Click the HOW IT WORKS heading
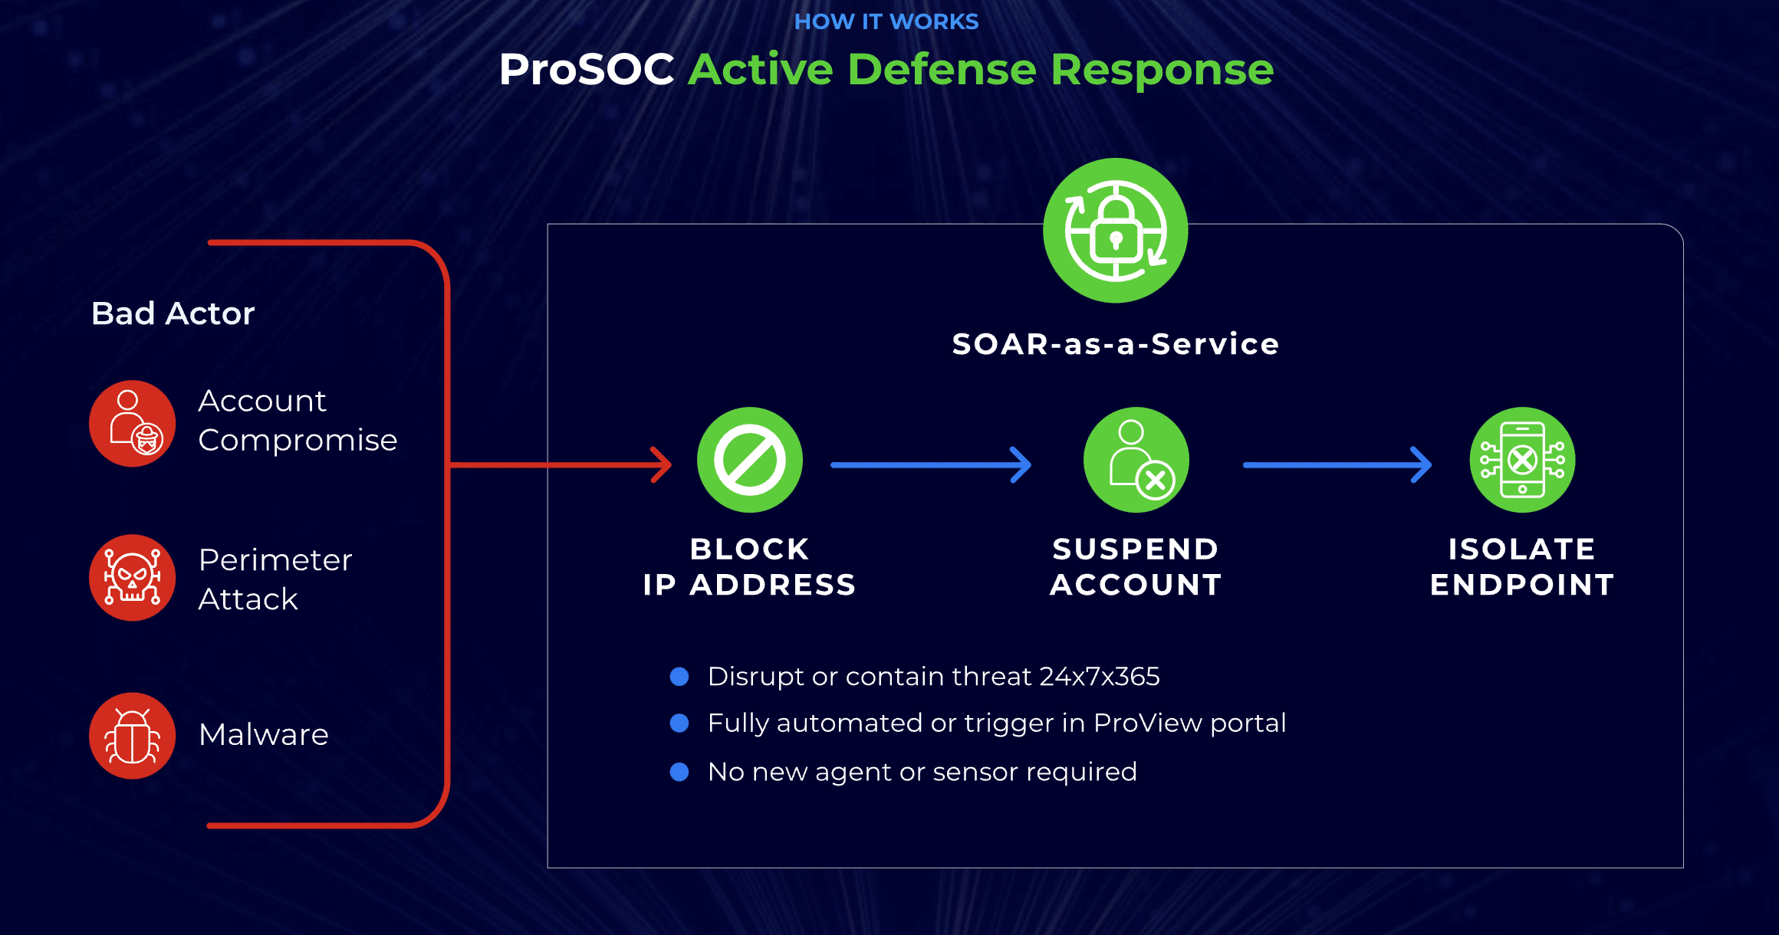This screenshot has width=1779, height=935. (886, 21)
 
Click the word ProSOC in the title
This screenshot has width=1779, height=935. (587, 70)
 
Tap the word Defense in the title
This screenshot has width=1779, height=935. (942, 70)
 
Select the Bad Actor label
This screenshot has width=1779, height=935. (173, 313)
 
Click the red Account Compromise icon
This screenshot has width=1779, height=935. (133, 423)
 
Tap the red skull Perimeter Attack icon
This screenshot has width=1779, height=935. (133, 578)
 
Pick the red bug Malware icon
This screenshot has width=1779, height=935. (133, 736)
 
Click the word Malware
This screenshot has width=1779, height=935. (264, 735)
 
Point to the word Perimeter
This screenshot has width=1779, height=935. (275, 560)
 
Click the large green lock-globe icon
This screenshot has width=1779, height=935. (1116, 231)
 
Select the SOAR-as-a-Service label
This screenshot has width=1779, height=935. (1116, 344)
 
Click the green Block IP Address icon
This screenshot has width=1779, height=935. (750, 460)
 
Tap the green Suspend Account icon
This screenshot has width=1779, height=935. (1136, 460)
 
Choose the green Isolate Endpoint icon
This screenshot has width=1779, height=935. (1523, 460)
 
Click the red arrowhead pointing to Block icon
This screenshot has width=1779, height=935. (662, 464)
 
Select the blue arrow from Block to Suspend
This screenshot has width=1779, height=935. (931, 464)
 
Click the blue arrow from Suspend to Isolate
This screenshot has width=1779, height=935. (1337, 464)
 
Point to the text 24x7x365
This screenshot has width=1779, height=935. (1099, 677)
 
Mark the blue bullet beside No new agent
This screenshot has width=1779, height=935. (679, 772)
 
